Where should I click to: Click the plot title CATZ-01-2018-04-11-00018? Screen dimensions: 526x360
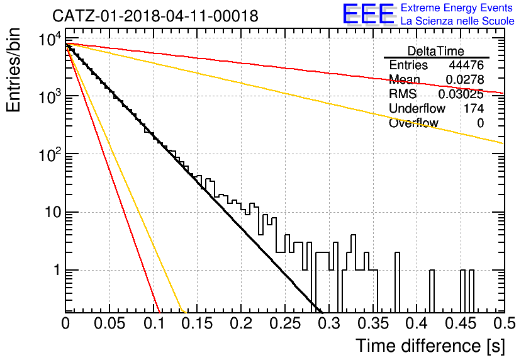coord(155,16)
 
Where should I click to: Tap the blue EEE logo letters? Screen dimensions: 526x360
coord(369,14)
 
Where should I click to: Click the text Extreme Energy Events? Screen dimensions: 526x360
coord(457,8)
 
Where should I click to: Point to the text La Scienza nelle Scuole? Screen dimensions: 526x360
coord(457,21)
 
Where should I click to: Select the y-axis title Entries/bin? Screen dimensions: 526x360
coord(13,70)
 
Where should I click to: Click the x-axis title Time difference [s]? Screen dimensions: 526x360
coord(430,346)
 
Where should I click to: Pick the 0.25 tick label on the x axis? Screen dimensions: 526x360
coord(285,323)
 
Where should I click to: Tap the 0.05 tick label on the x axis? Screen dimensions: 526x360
coord(109,323)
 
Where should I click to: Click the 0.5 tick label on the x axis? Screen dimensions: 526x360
coord(504,323)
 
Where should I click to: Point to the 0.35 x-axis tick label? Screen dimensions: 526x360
coord(373,323)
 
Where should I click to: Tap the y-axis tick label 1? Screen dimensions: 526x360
coord(57,270)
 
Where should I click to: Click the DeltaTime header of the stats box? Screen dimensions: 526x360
coord(436,51)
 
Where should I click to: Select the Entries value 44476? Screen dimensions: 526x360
coord(466,65)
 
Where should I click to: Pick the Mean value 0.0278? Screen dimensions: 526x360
coord(464,79)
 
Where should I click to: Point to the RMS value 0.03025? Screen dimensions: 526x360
coord(461,94)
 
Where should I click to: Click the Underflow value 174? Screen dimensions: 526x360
coord(474,108)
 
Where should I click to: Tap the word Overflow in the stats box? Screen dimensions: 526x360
coord(413,123)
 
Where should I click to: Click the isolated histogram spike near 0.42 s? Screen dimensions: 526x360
coord(432,291)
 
